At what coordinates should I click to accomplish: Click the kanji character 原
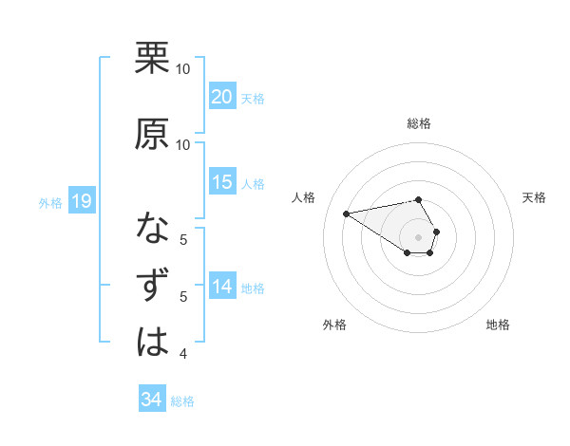(152, 132)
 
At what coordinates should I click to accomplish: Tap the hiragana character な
(152, 228)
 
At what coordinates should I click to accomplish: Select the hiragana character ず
(152, 285)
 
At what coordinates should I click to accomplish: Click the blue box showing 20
(222, 97)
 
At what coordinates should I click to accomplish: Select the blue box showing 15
(222, 182)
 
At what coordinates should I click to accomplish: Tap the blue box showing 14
(222, 287)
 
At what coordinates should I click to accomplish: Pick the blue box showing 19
(81, 201)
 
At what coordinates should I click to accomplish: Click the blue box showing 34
(152, 400)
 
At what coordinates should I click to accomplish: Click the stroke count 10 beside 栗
(183, 70)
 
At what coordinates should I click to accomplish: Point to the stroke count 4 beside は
(183, 354)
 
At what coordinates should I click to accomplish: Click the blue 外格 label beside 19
(50, 202)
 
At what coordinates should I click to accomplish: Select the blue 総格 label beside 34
(182, 401)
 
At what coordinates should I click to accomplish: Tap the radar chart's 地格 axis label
(498, 325)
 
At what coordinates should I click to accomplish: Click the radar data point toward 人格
(346, 213)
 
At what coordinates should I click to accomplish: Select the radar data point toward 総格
(418, 199)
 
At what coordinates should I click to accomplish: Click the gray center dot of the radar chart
(418, 236)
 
